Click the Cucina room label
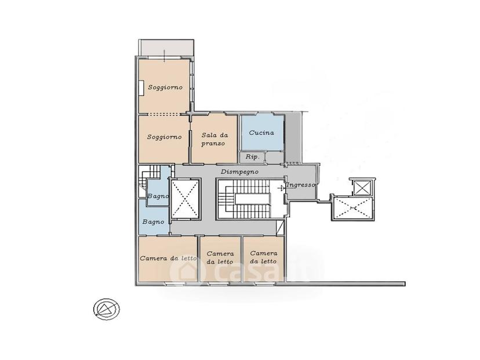(261, 133)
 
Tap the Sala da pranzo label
(214, 139)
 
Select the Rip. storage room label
(253, 157)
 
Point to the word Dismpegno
(239, 172)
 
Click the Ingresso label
(301, 185)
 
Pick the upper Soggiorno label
(165, 87)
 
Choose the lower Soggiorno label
(165, 137)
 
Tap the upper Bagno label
(158, 196)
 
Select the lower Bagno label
(154, 221)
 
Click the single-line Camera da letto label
(168, 259)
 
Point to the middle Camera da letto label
(220, 258)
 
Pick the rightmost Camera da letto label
(264, 257)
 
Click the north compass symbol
(106, 309)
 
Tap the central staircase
(248, 199)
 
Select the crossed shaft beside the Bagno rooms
(184, 199)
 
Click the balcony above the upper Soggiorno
(166, 48)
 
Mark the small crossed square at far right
(362, 187)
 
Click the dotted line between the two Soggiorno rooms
(164, 114)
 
